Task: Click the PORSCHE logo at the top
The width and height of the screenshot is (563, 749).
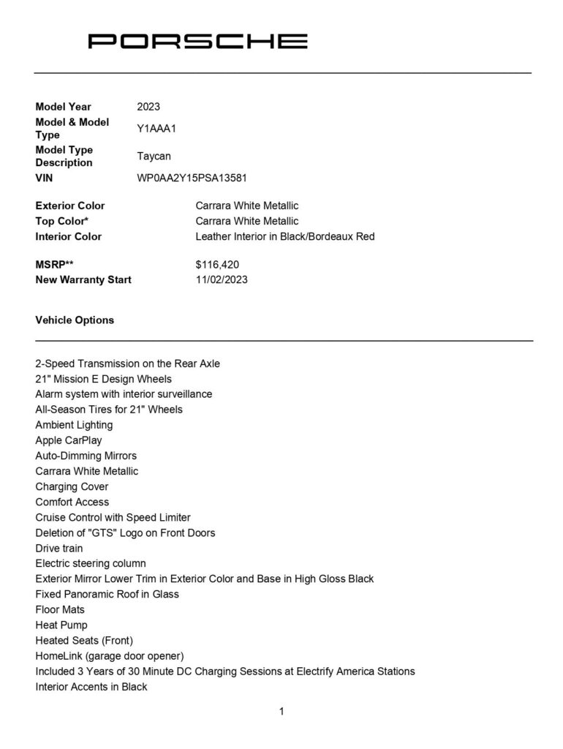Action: coord(197,41)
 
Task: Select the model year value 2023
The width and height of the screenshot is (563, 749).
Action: coord(148,107)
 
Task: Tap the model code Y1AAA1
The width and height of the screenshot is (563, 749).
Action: coord(156,129)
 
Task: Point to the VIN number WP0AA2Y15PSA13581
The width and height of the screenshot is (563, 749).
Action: coord(197,178)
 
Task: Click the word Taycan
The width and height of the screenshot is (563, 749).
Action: coord(154,157)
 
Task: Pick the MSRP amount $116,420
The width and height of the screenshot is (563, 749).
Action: coord(217,265)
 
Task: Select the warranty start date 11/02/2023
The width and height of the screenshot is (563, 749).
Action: coord(222,280)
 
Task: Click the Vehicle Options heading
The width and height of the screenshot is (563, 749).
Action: coord(75,320)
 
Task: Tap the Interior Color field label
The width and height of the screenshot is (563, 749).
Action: coord(69,237)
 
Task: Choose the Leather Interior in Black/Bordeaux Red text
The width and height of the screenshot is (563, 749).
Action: coord(285,237)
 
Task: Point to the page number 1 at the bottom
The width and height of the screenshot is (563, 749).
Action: coord(281,711)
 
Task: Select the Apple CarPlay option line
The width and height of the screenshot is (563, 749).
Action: coord(69,440)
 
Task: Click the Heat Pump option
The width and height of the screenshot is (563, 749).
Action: coord(61,625)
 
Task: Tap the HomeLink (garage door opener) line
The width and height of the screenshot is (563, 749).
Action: coord(110,656)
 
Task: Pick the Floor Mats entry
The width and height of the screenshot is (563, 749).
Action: coord(60,610)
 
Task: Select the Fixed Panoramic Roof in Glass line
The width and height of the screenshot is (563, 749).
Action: coord(107,595)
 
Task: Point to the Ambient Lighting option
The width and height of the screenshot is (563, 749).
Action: coord(74,425)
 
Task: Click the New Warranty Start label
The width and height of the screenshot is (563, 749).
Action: coord(83,280)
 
